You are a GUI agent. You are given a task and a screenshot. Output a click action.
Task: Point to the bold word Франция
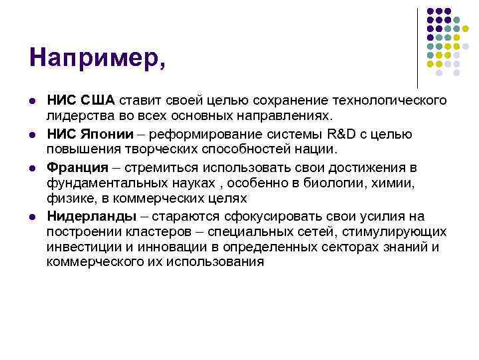pyautogui.click(x=76, y=166)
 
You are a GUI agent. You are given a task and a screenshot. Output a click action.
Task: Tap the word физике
pyautogui.click(x=70, y=199)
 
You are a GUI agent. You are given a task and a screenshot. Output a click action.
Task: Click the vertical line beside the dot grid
pyautogui.click(x=417, y=47)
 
